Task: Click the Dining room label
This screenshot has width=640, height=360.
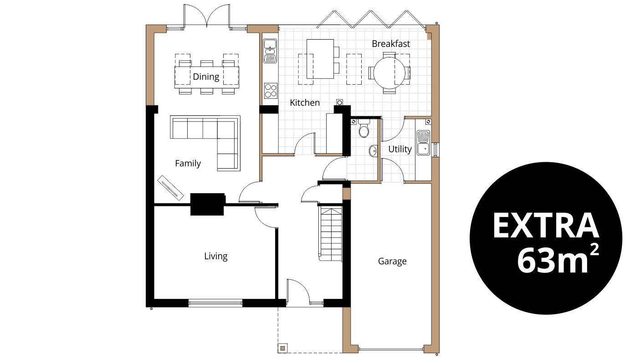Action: pyautogui.click(x=206, y=77)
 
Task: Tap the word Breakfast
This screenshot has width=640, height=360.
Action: pyautogui.click(x=391, y=44)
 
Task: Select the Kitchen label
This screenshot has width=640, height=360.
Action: pyautogui.click(x=305, y=103)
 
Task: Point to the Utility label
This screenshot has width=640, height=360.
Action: pyautogui.click(x=400, y=149)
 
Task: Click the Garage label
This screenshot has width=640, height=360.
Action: pyautogui.click(x=392, y=261)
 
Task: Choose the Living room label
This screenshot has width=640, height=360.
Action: pyautogui.click(x=215, y=256)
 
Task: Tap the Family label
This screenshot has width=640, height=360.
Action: pyautogui.click(x=188, y=163)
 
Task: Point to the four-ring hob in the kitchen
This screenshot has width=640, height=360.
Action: pyautogui.click(x=270, y=90)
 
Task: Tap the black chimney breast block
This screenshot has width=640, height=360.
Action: pyautogui.click(x=207, y=204)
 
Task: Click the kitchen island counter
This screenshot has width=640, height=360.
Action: pyautogui.click(x=320, y=59)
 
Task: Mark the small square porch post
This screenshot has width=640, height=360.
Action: pyautogui.click(x=283, y=349)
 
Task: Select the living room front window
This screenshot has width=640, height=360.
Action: pyautogui.click(x=215, y=302)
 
